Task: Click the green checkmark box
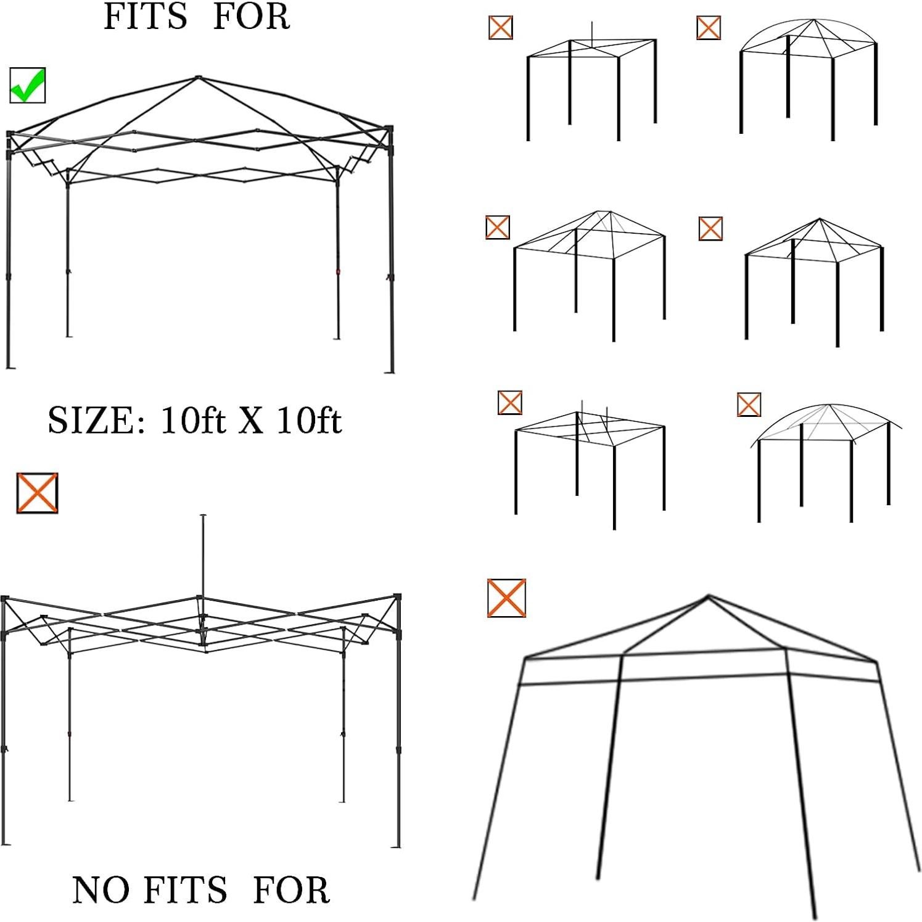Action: (x=28, y=85)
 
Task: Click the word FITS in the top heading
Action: (x=145, y=17)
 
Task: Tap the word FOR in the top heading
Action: (x=251, y=17)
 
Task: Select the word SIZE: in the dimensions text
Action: (x=96, y=421)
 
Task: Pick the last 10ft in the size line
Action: (x=308, y=421)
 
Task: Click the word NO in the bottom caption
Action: (x=101, y=890)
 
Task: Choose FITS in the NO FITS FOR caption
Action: (x=186, y=890)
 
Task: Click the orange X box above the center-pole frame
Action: (x=37, y=493)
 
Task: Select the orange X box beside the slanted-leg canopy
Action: (x=506, y=598)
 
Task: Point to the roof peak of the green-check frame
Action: (x=197, y=78)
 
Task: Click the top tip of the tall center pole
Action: (x=204, y=516)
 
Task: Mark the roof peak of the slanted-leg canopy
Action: (x=708, y=596)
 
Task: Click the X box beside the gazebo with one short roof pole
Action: (x=500, y=28)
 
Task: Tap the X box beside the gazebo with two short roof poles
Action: (x=510, y=403)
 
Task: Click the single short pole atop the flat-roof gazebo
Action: (x=591, y=33)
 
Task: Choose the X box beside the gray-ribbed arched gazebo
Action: (x=749, y=405)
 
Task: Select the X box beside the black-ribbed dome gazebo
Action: (x=709, y=28)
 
